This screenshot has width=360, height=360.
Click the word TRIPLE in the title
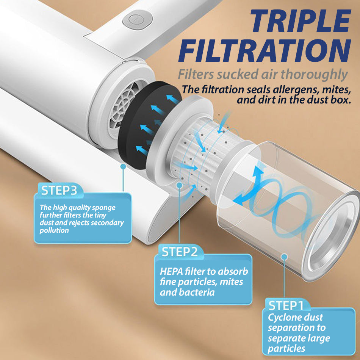tap(301, 21)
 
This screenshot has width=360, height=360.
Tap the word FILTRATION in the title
tap(265, 50)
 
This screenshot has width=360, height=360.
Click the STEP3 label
tap(59, 190)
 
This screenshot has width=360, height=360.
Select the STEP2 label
tap(180, 252)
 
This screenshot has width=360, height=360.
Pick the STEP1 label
tap(286, 305)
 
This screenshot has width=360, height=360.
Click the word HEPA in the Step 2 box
tap(171, 271)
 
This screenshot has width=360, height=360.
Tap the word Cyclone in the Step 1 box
tap(284, 318)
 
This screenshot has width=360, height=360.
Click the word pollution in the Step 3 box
tap(54, 230)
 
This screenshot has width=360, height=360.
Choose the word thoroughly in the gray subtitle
tap(314, 75)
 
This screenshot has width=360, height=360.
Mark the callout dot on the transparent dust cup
tap(284, 257)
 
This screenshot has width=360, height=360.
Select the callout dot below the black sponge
tap(123, 166)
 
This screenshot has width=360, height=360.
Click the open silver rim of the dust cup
tap(333, 236)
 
